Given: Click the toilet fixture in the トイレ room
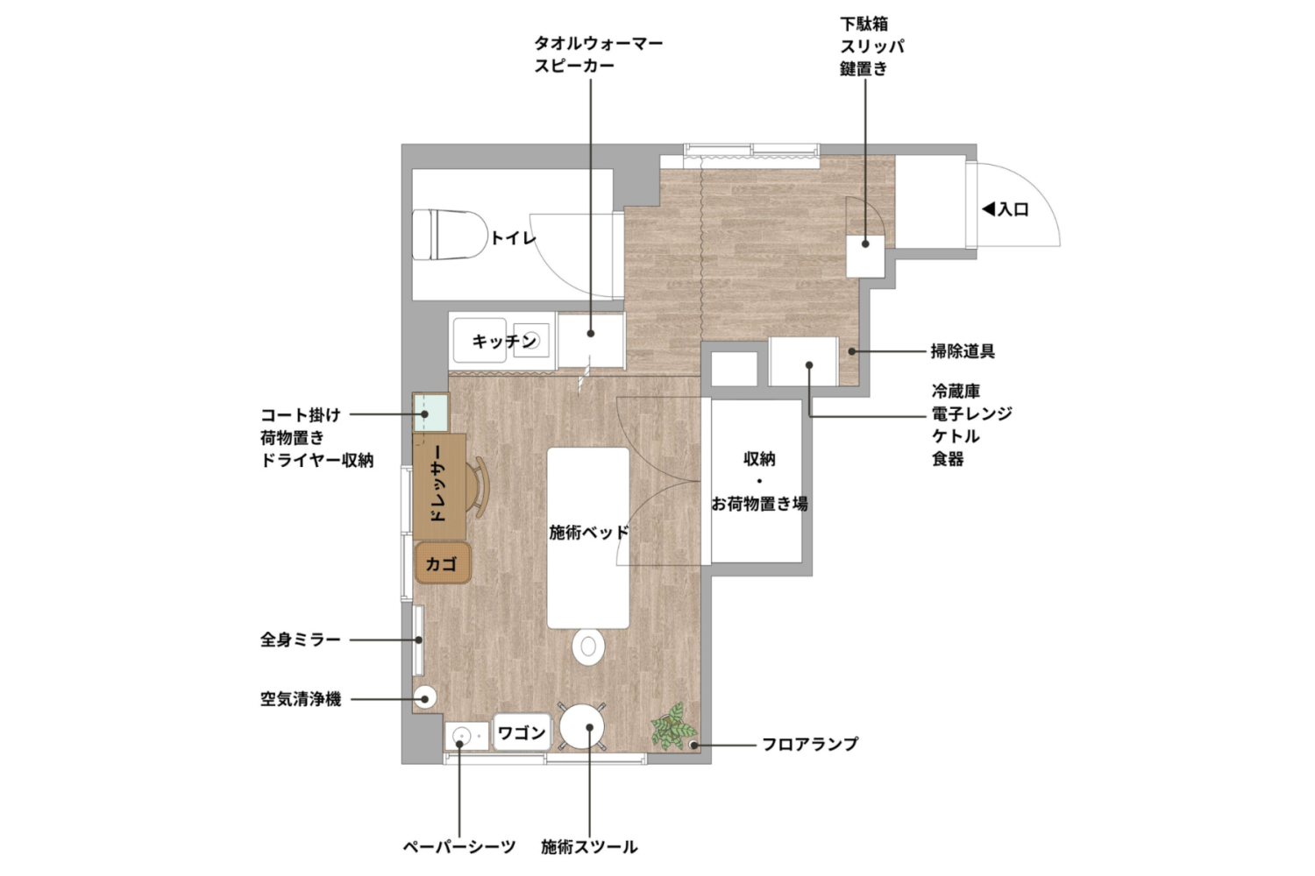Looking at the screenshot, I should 451,234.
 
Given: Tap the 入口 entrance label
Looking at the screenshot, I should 1006,209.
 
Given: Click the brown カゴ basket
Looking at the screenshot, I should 443,563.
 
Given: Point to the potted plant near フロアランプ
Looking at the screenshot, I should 672,726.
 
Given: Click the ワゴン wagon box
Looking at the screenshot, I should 522,732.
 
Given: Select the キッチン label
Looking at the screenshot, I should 503,341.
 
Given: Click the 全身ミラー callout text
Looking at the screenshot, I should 300,640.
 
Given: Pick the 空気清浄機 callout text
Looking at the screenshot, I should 300,700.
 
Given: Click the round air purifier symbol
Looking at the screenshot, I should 425,698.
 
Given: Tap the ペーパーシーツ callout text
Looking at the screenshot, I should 458,847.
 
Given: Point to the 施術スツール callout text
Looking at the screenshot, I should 589,847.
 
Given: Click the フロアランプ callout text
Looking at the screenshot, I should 809,745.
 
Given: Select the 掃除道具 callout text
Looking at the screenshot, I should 963,352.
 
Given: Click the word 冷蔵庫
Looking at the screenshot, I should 956,392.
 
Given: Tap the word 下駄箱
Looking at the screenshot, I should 864,25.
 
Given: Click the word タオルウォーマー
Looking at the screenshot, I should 599,43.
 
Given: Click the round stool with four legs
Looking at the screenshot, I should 583,726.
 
